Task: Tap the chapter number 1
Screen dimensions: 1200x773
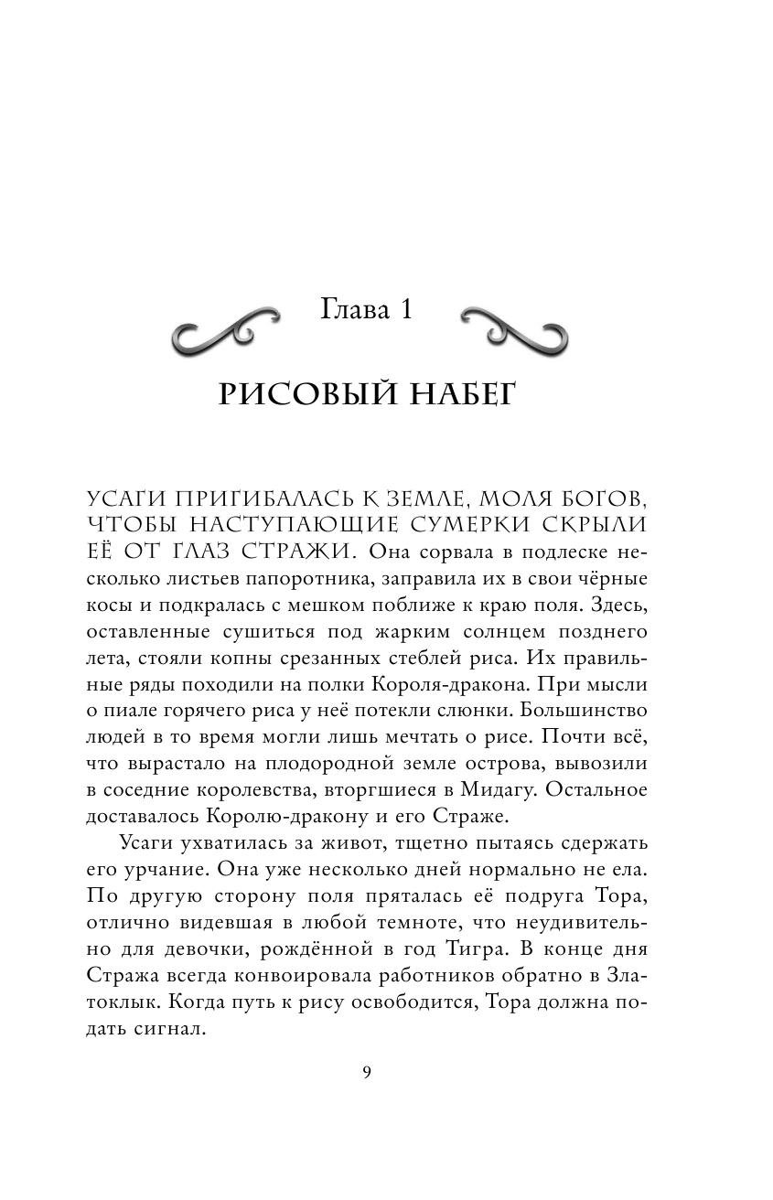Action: coord(403,310)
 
